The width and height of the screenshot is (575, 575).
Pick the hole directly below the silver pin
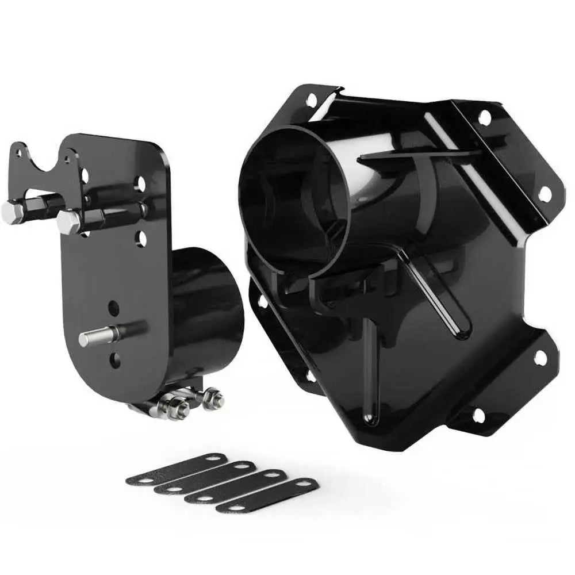[114, 361]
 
